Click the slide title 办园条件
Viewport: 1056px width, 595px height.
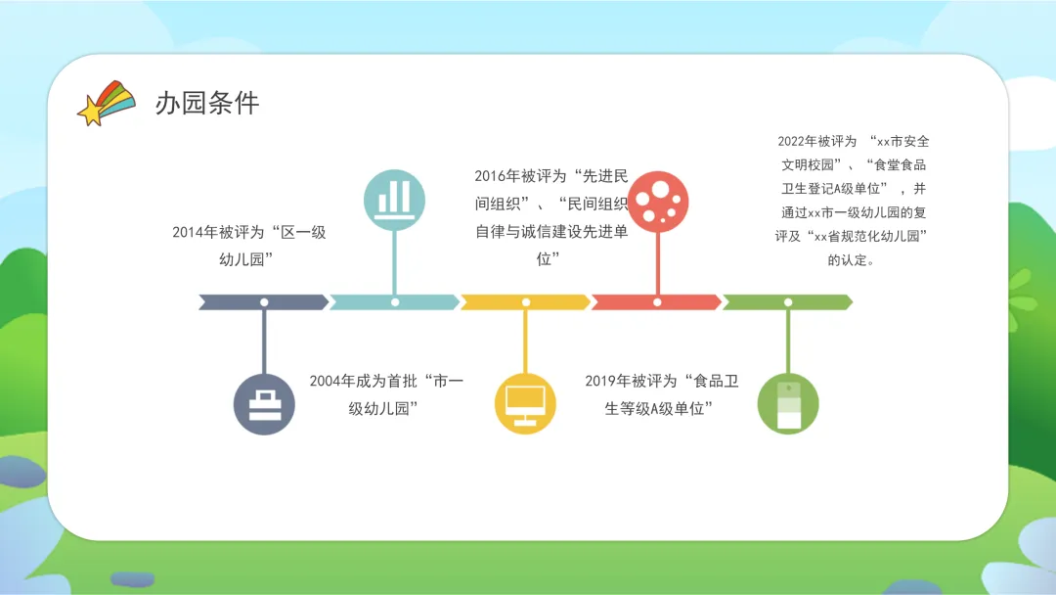[207, 104]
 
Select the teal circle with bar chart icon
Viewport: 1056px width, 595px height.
[394, 195]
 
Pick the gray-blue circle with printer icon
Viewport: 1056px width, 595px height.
[264, 403]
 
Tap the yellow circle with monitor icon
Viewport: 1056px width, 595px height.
[525, 403]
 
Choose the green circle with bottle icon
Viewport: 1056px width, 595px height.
[788, 403]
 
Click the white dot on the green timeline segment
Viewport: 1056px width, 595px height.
[788, 302]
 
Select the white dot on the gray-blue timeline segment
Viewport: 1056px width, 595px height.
[264, 302]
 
